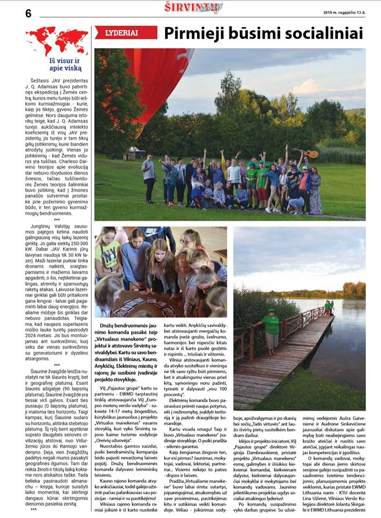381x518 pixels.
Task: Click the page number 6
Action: (28, 13)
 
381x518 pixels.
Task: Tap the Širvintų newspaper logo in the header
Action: (193, 8)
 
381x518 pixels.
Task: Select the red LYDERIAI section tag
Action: (126, 33)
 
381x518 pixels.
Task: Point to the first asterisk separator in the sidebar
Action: (57, 220)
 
